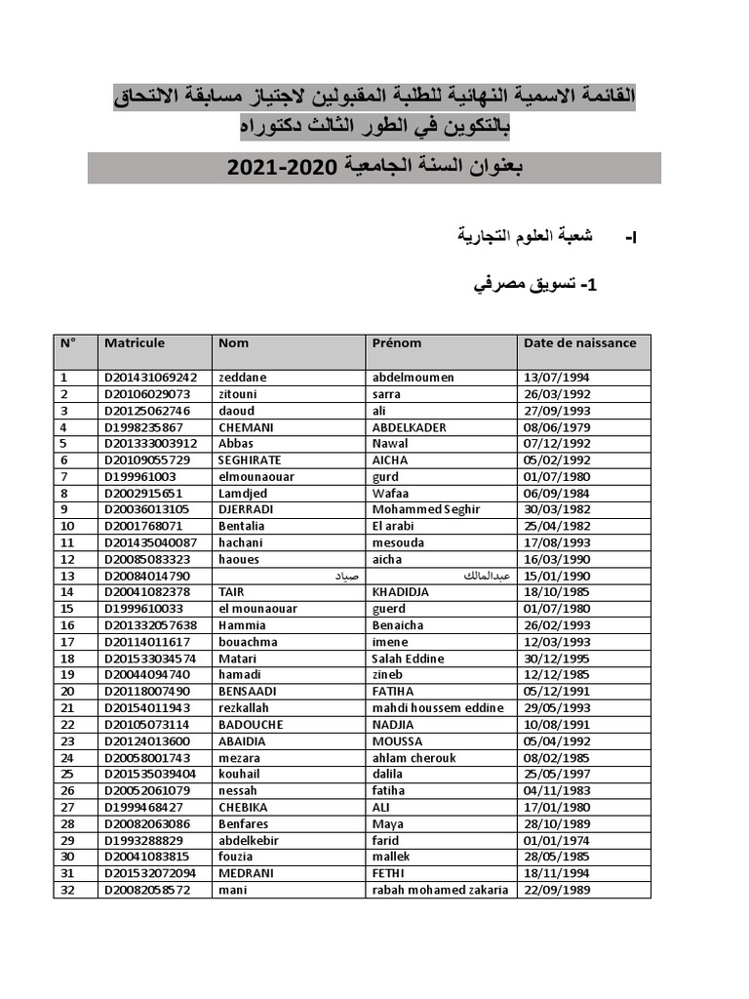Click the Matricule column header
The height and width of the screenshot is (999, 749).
[135, 343]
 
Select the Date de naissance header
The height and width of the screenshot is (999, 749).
[579, 343]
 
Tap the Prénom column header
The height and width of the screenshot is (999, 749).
[397, 343]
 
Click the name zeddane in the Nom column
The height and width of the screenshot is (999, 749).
[243, 377]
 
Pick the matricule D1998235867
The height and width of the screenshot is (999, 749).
[143, 427]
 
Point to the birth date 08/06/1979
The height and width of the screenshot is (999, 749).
[557, 427]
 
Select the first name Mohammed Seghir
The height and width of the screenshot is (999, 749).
[419, 509]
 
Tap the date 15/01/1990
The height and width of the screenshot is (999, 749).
[557, 576]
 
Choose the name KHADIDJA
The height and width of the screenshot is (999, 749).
[401, 592]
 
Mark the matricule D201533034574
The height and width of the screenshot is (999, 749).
[150, 659]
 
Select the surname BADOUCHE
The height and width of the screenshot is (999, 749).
[251, 725]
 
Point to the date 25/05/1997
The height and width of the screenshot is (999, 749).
[557, 774]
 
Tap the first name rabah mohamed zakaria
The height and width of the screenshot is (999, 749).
[441, 890]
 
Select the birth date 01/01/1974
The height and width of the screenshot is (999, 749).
[557, 840]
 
